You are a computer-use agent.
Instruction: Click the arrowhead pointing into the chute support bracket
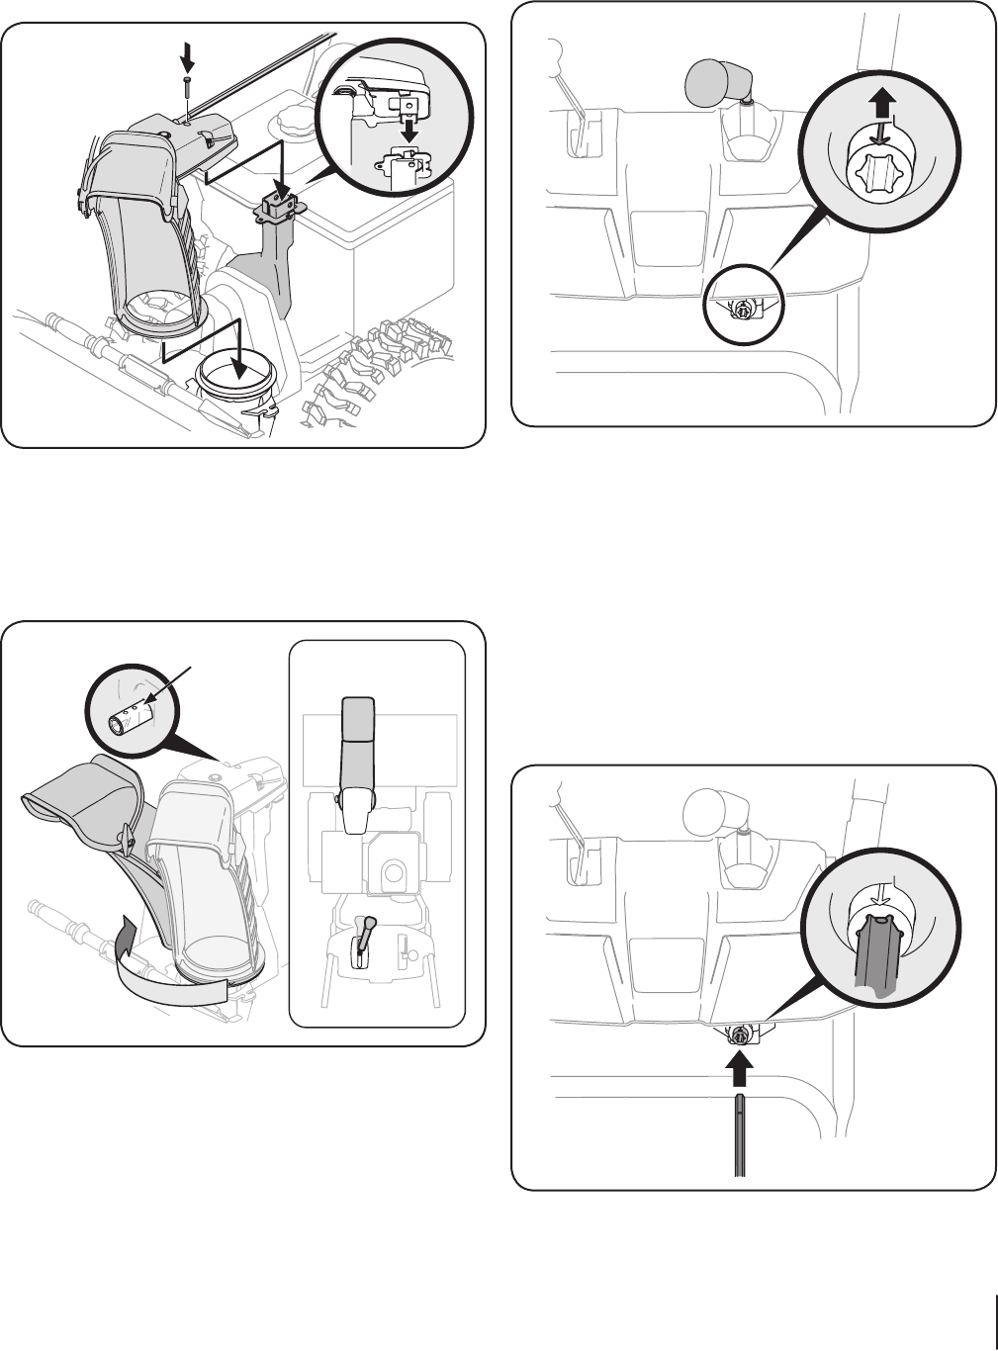pyautogui.click(x=282, y=189)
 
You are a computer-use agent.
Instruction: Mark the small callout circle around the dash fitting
pyautogui.click(x=742, y=308)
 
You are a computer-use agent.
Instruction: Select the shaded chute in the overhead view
pyautogui.click(x=357, y=742)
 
